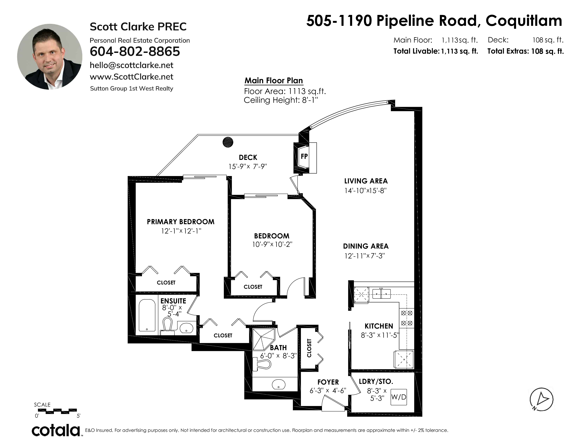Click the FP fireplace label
pos(304,156)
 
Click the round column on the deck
pos(228,142)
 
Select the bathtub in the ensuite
pos(147,315)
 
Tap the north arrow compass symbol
pos(541,399)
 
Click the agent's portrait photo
pos(50,57)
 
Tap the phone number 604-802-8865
pos(135,51)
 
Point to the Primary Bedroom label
pos(181,222)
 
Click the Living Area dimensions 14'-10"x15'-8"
pos(366,191)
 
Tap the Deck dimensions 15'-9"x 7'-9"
pos(248,166)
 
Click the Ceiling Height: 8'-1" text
pos(281,100)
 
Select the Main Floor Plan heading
pos(274,81)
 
